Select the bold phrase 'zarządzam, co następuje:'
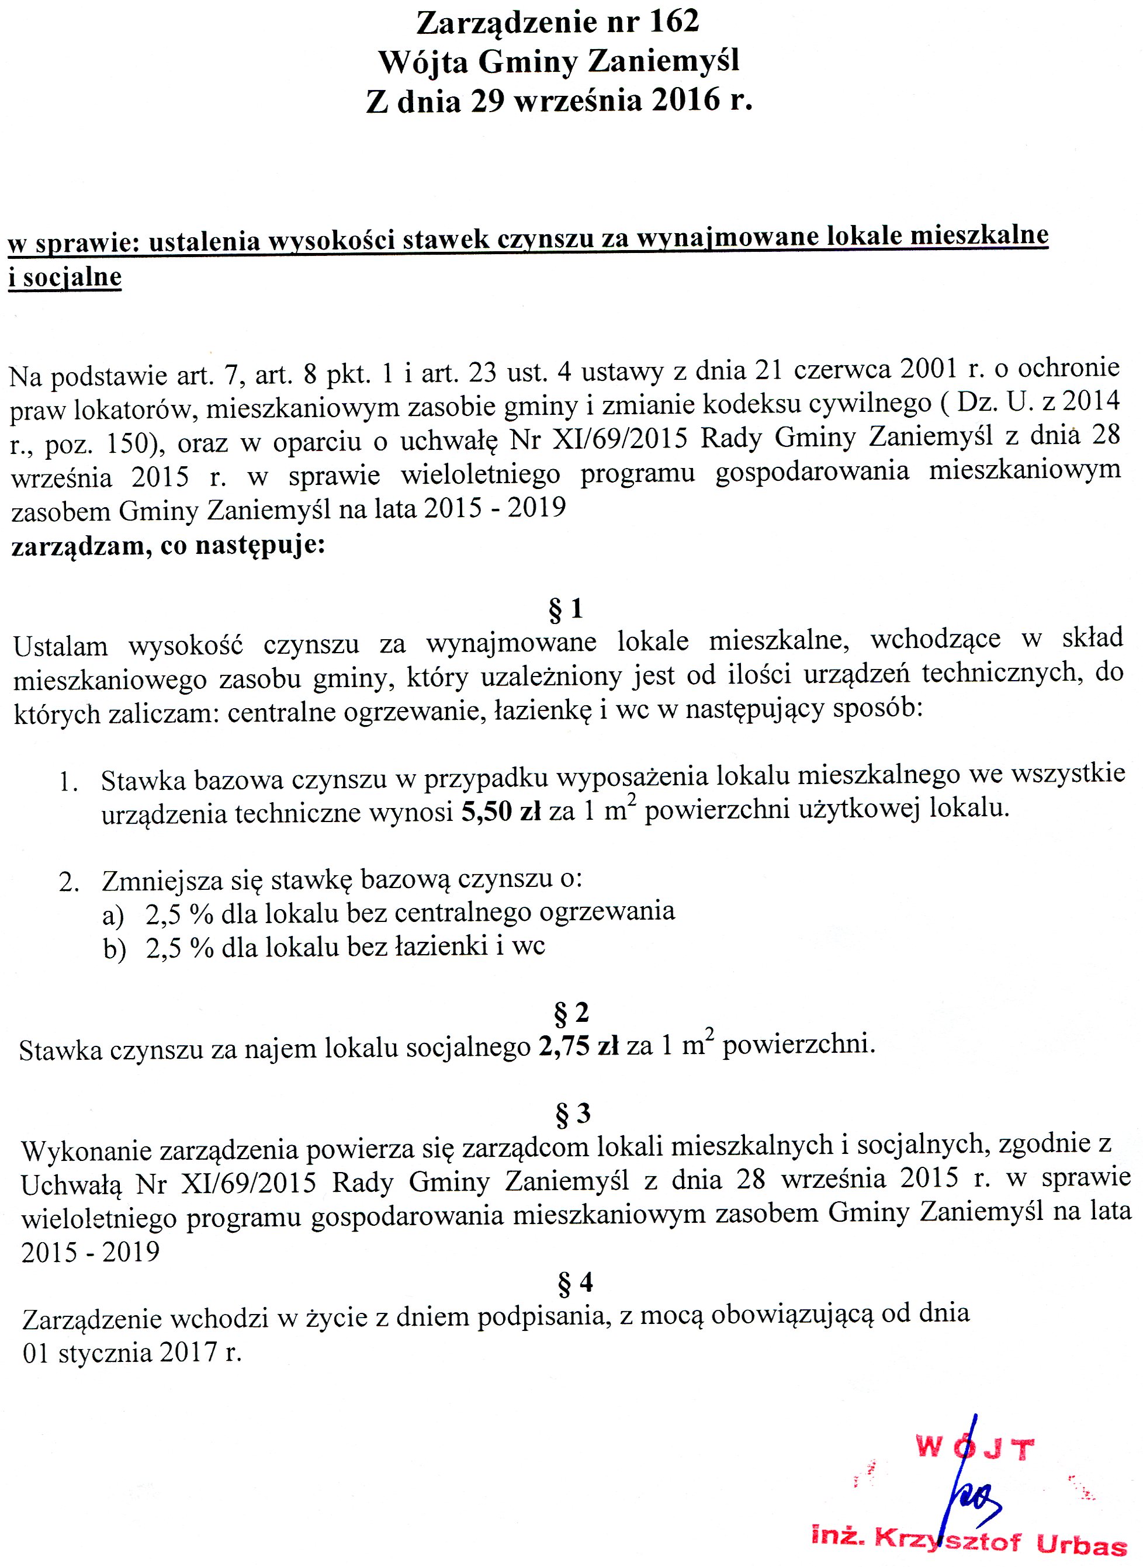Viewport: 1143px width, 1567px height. click(168, 546)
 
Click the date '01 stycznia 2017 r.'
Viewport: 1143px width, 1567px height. click(132, 1352)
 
